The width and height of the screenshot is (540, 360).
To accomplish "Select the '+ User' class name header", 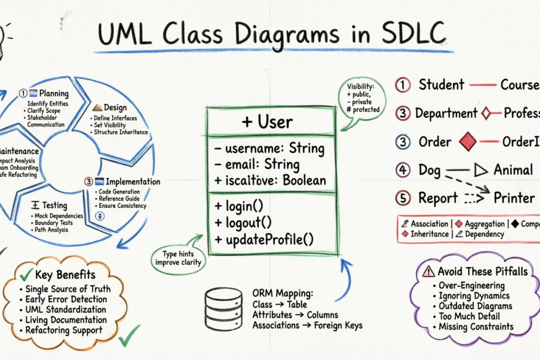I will tap(267, 122).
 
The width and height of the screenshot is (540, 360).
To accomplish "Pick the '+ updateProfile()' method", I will tap(264, 239).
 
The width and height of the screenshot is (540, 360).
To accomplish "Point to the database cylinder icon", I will tap(224, 309).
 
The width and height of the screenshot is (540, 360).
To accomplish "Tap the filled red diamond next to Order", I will tap(467, 142).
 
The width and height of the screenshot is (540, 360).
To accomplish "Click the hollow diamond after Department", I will tap(486, 113).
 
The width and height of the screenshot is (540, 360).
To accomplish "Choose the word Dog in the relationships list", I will tap(429, 170).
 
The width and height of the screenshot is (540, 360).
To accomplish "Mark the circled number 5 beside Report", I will tap(402, 198).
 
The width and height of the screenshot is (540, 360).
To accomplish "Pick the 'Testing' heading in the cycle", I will tap(54, 206).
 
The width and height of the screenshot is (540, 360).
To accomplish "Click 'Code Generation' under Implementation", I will tap(119, 192).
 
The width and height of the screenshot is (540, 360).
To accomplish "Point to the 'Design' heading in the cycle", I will tap(115, 108).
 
